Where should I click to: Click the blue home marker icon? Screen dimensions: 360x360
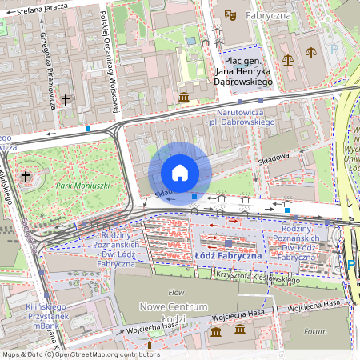(180, 173)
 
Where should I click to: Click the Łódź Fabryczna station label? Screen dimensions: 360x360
(228, 254)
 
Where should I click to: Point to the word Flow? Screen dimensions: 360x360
(176, 292)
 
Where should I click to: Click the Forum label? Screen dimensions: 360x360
(316, 330)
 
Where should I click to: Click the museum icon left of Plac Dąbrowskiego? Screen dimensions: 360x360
(185, 97)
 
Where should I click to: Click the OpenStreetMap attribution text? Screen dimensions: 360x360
(80, 354)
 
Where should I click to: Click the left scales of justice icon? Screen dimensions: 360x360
(288, 58)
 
